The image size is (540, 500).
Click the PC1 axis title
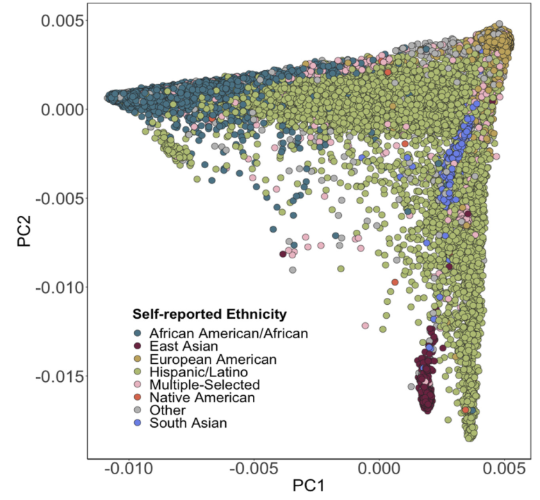pos(309,487)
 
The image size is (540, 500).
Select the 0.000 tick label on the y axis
pos(63,109)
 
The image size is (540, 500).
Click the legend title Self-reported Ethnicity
pos(210,313)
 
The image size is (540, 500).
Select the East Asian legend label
pos(184,346)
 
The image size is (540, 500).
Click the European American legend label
pos(213,359)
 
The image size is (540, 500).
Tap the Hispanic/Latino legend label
pos(198,372)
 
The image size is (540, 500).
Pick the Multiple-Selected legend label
pos(205,385)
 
